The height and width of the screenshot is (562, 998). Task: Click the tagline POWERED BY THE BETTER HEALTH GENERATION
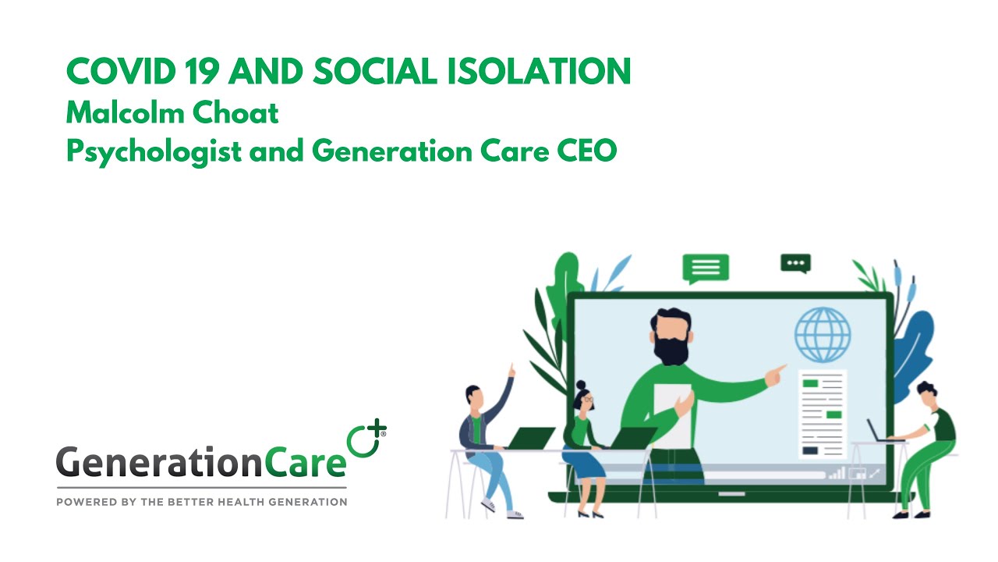pyautogui.click(x=201, y=502)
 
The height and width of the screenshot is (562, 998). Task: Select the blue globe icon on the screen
pyautogui.click(x=823, y=334)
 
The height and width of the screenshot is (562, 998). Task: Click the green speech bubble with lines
pyautogui.click(x=705, y=268)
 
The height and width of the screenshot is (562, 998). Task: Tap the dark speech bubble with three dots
pyautogui.click(x=795, y=264)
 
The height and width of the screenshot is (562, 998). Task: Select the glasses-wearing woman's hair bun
pyautogui.click(x=581, y=385)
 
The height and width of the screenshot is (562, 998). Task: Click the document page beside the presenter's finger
pyautogui.click(x=822, y=414)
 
